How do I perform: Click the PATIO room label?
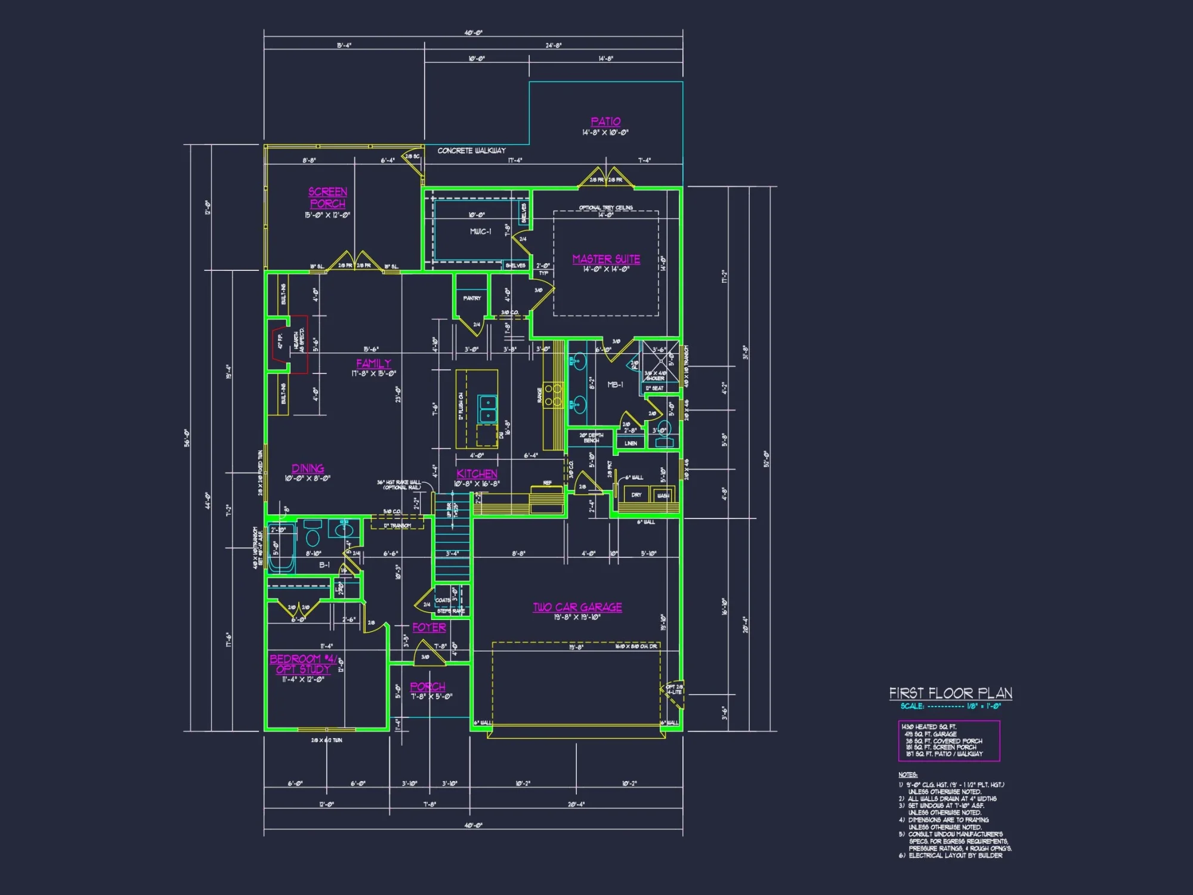pos(605,122)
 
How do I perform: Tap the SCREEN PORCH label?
pos(327,197)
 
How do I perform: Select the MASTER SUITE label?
pos(606,259)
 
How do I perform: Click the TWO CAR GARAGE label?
pos(577,607)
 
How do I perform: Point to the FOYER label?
pos(429,627)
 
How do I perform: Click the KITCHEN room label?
pos(477,474)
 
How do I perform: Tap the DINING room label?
pos(308,468)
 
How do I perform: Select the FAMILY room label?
pos(373,363)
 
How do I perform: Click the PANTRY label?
pos(472,298)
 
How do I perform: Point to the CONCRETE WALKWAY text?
pos(471,151)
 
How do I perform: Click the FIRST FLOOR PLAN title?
pos(950,693)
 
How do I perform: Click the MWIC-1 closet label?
pos(480,232)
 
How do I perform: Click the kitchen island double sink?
pos(488,409)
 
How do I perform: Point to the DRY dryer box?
pos(636,495)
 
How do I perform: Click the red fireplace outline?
pos(280,344)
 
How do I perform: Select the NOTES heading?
pos(907,774)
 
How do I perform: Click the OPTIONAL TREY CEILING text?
pos(605,208)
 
